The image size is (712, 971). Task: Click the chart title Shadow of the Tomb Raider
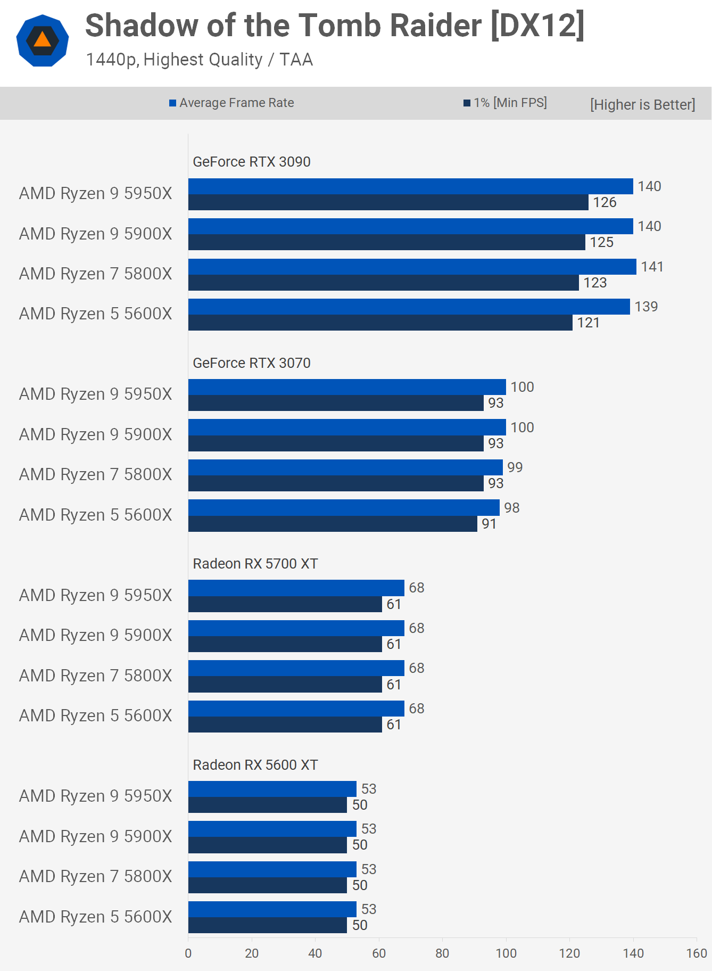click(x=334, y=26)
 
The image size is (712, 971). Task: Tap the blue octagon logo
click(x=43, y=40)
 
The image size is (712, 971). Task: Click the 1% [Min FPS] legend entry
click(x=505, y=103)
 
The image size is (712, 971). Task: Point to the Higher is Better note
click(x=642, y=104)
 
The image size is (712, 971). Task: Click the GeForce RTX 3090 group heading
click(x=251, y=162)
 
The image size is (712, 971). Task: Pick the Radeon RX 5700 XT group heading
click(x=255, y=564)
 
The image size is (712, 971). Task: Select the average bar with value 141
click(x=412, y=267)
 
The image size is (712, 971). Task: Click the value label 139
click(x=646, y=307)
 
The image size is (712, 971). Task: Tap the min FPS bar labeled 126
click(x=388, y=202)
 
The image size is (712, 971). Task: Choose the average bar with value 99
click(x=345, y=467)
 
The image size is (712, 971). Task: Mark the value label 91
click(x=489, y=524)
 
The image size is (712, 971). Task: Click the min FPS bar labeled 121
click(x=380, y=323)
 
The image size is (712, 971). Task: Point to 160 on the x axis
click(x=697, y=953)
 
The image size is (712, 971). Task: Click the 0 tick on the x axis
click(x=188, y=953)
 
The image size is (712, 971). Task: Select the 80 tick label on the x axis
click(x=442, y=953)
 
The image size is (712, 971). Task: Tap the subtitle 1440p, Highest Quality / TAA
click(x=199, y=60)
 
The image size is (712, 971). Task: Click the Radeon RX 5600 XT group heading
click(x=255, y=765)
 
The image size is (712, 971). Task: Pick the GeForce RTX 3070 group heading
click(x=251, y=363)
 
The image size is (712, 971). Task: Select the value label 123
click(x=595, y=283)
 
